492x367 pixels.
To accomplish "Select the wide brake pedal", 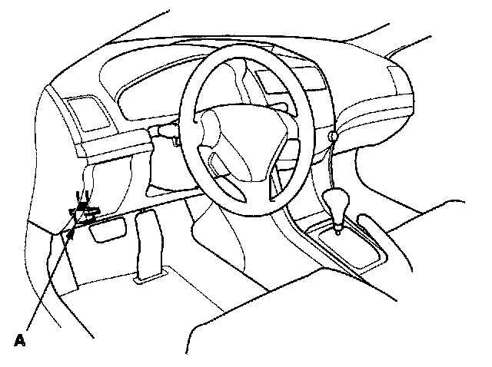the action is click(106, 229).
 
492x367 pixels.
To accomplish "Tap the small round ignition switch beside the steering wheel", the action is click(333, 137).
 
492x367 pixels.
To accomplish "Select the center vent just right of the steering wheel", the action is click(279, 79).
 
